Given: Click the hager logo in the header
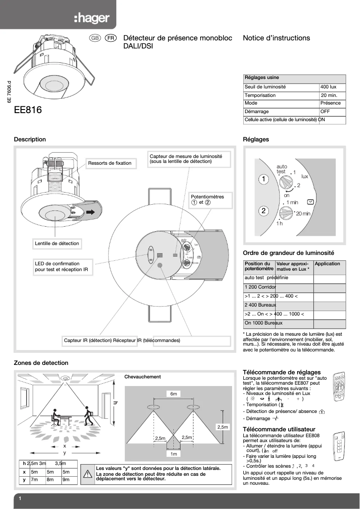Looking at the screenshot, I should coord(92,18).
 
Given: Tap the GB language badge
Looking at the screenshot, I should coord(95,39).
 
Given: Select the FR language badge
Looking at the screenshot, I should coord(111,39).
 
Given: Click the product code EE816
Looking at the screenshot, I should coord(28,110).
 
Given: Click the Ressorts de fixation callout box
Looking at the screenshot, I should coord(110,163).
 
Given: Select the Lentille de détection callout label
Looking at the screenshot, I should coord(57,243).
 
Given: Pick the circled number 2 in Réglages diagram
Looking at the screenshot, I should coord(263,211).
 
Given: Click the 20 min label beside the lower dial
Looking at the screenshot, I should coord(303,213).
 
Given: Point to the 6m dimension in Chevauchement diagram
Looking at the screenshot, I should coord(174,394).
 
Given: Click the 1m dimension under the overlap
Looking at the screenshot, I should coord(174,454).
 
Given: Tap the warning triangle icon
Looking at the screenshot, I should coord(88,474).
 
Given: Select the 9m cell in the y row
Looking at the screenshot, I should coord(66,480).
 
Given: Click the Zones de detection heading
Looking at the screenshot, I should coord(41,363).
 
